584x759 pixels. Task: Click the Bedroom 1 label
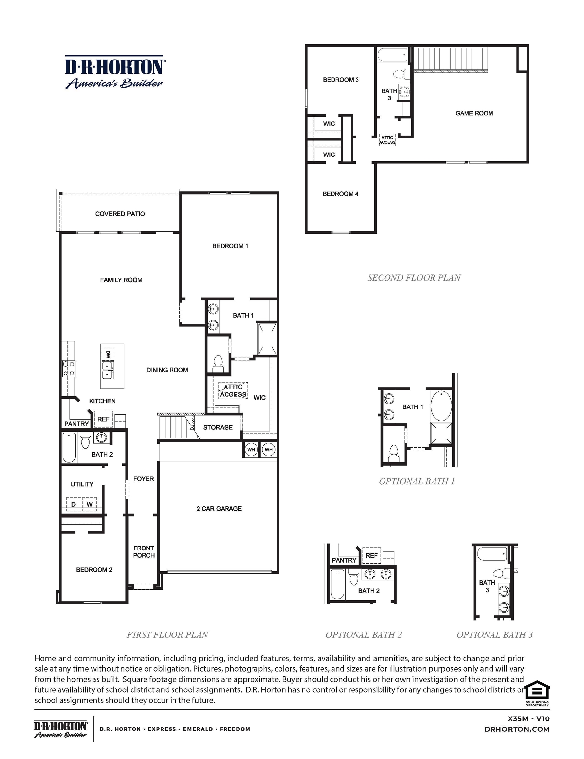[x=230, y=246]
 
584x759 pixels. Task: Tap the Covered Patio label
[x=120, y=214]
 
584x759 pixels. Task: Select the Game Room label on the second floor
[x=474, y=113]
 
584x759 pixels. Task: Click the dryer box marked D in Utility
[x=74, y=504]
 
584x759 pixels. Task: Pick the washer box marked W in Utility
[x=90, y=504]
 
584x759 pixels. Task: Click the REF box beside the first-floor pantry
[x=103, y=419]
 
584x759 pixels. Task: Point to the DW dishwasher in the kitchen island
[x=108, y=355]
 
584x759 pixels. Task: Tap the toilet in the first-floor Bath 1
[x=218, y=363]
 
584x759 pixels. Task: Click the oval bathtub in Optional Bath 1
[x=441, y=406]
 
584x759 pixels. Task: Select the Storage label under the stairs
[x=218, y=427]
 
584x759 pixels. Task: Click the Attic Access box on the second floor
[x=387, y=140]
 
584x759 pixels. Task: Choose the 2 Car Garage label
[x=219, y=508]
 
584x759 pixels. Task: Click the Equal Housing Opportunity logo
[x=537, y=694]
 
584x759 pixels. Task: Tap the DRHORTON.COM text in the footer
[x=517, y=729]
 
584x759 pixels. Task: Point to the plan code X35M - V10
[x=528, y=718]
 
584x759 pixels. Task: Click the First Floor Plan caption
[x=167, y=634]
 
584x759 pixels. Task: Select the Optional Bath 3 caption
[x=494, y=634]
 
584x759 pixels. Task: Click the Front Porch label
[x=144, y=551]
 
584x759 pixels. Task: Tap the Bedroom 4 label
[x=340, y=194]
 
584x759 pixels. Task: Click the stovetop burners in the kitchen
[x=68, y=368]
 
